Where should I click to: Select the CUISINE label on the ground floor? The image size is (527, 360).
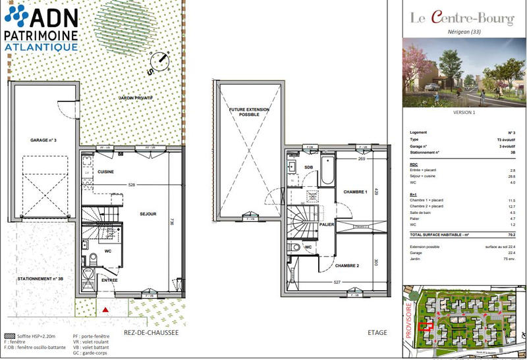[x=106, y=172]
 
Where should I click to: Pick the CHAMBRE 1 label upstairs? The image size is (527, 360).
[x=354, y=192]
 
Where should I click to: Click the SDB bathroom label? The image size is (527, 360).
[x=309, y=167]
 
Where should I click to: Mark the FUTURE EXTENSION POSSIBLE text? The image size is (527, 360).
[x=244, y=111]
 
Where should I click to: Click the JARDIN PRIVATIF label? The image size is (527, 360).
[x=135, y=97]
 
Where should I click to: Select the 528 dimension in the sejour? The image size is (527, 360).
[x=131, y=185]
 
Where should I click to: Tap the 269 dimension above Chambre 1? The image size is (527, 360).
[x=361, y=159]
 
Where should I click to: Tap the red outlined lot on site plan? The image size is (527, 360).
[x=426, y=324]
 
